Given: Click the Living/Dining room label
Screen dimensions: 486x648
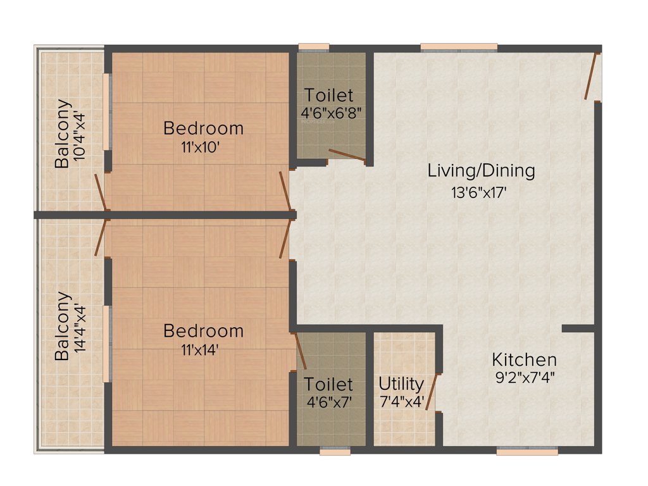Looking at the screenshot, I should (x=481, y=170).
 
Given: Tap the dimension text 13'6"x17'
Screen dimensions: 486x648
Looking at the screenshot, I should (x=480, y=193).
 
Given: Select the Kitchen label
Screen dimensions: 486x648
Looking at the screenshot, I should (x=525, y=360).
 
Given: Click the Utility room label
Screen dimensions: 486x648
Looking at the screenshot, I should (x=401, y=383).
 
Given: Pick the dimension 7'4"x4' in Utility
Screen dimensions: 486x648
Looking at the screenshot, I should (x=401, y=402).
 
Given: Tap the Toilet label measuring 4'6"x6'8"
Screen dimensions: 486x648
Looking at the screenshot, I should (x=328, y=96).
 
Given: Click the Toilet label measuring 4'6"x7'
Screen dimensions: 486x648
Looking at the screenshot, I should (x=328, y=384).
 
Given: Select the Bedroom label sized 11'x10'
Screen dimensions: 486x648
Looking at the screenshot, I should (x=203, y=128).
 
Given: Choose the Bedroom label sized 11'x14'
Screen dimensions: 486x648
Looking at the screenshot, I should (x=203, y=330).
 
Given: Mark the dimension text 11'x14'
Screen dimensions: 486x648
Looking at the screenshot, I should (x=200, y=349).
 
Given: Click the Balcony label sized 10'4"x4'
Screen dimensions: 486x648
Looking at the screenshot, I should (x=62, y=134).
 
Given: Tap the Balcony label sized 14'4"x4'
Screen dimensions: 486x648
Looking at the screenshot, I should (x=62, y=325).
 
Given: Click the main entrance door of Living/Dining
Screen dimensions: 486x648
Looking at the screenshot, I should (x=592, y=76).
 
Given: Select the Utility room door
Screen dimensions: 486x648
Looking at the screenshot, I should (x=432, y=392).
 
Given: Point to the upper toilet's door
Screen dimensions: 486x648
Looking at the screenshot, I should (x=347, y=155).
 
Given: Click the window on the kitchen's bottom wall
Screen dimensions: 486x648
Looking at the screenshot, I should (x=527, y=451).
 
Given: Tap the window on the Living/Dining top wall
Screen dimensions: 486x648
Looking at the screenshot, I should (x=459, y=47).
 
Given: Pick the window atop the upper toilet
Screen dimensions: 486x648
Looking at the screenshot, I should (x=314, y=46).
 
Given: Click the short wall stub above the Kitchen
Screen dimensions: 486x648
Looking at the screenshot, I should (x=578, y=328).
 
